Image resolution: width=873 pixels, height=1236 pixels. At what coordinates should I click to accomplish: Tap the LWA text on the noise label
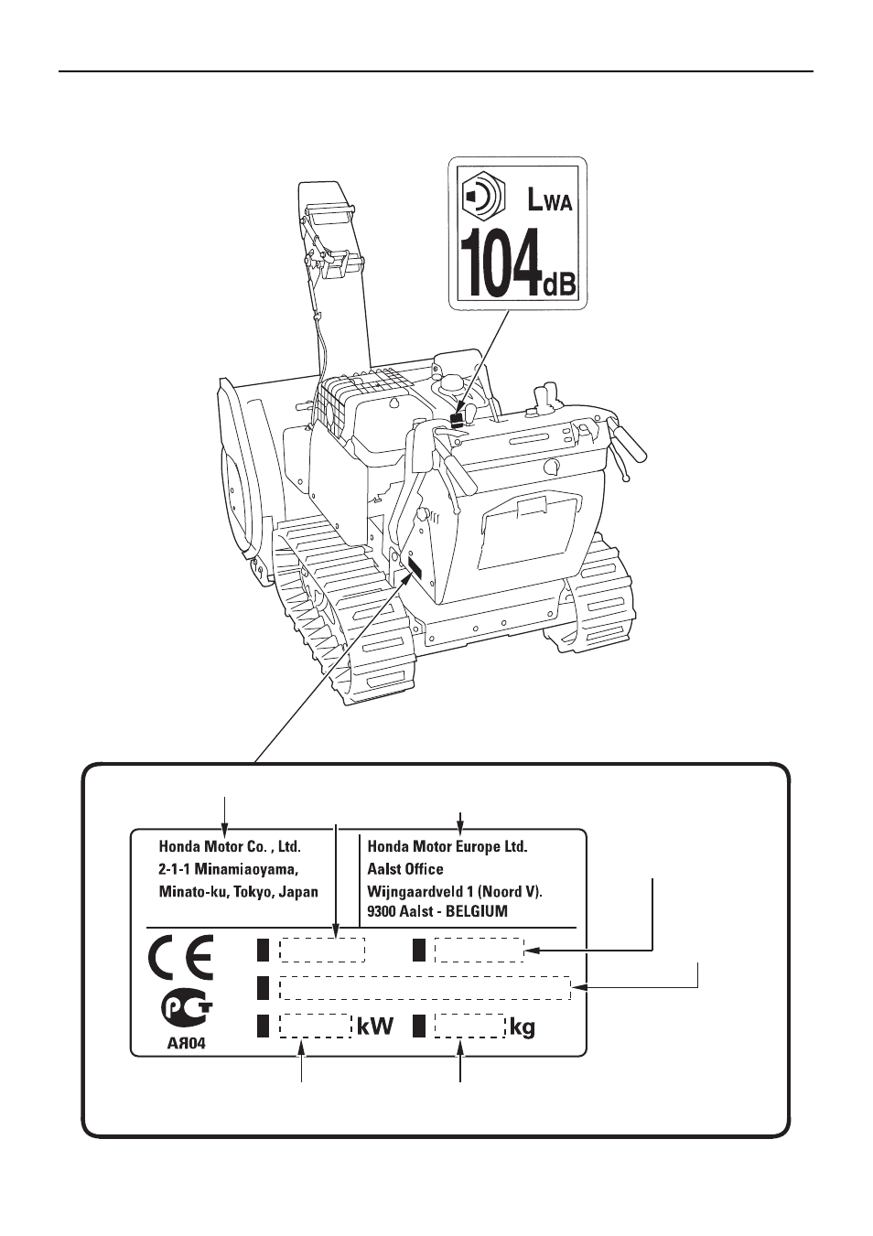click(x=549, y=199)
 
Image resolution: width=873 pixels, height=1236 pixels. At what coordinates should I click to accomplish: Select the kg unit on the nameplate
click(x=522, y=1028)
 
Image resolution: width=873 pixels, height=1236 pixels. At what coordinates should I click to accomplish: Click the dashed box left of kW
click(x=315, y=1026)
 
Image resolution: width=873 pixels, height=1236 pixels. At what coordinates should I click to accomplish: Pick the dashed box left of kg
click(x=469, y=1026)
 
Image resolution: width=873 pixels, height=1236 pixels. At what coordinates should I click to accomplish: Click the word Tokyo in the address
click(x=253, y=892)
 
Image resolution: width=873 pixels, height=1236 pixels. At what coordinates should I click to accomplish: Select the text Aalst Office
click(x=405, y=869)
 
